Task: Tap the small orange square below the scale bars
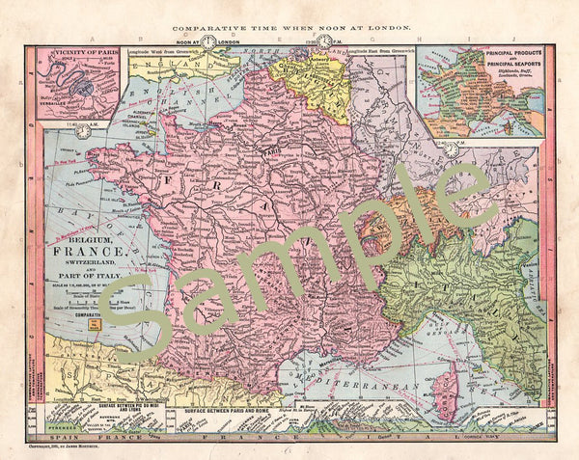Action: tap(93, 327)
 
